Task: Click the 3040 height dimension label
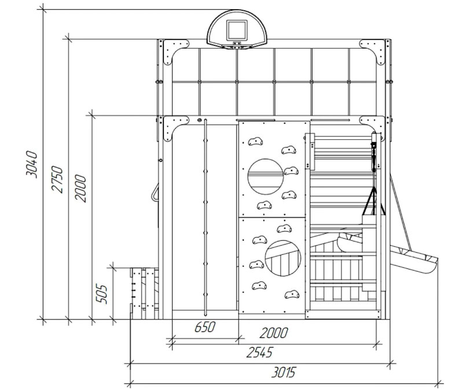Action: [x=32, y=165]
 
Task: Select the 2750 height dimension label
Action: [x=57, y=179]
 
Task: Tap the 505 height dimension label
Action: [x=102, y=294]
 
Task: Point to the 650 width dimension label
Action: [x=205, y=327]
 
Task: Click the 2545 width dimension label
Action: [x=260, y=352]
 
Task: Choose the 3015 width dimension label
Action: [x=283, y=372]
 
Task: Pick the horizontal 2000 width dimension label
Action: [x=274, y=333]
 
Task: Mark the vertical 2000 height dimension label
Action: [x=80, y=188]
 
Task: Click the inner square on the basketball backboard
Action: [x=237, y=30]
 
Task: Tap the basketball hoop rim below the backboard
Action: [x=237, y=47]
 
